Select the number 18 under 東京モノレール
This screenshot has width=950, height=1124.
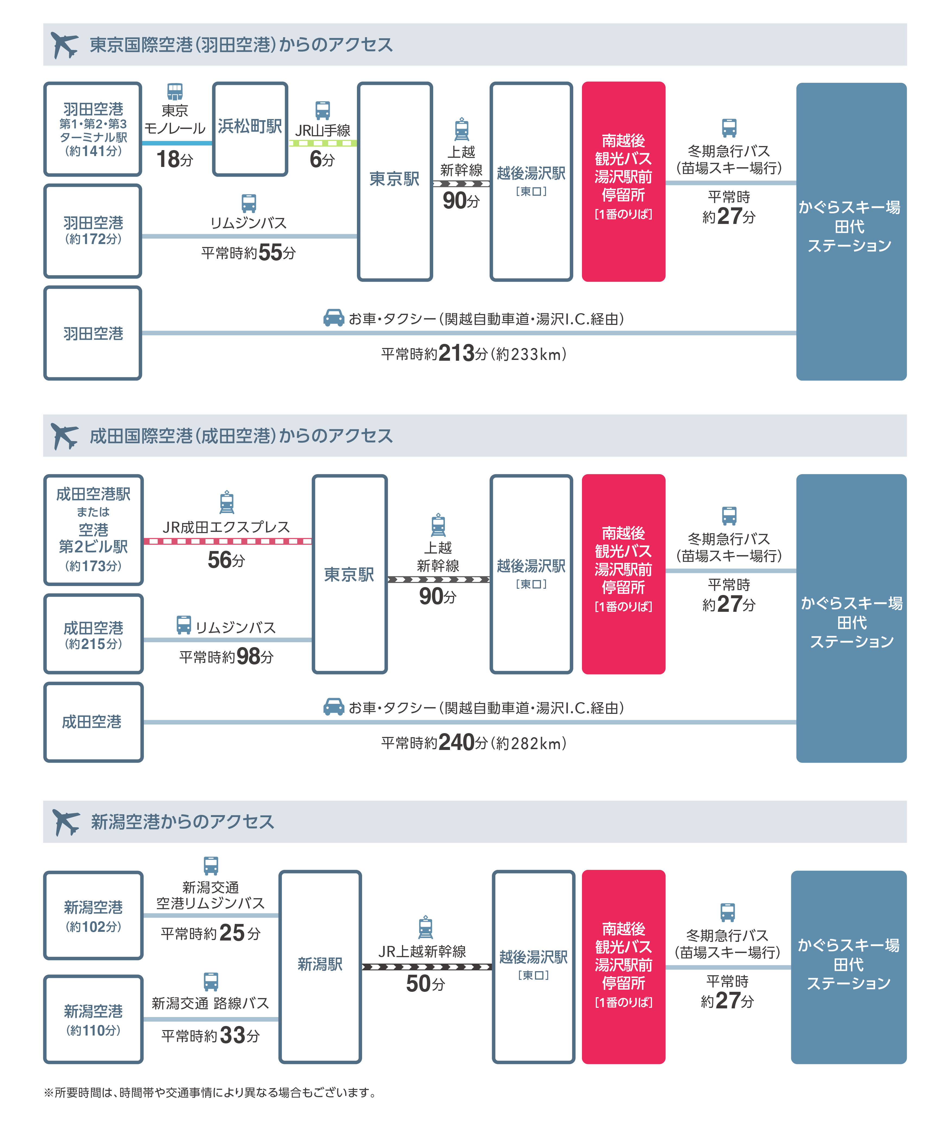click(x=168, y=159)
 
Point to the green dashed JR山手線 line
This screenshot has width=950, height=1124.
click(x=322, y=143)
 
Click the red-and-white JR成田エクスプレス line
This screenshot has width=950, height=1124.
click(x=227, y=541)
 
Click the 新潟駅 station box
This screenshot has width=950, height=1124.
click(x=320, y=967)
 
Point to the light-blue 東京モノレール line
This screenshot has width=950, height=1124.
click(x=177, y=143)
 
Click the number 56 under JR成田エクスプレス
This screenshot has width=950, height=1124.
click(x=219, y=560)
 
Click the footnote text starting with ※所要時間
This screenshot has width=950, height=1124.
click(x=210, y=1092)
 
